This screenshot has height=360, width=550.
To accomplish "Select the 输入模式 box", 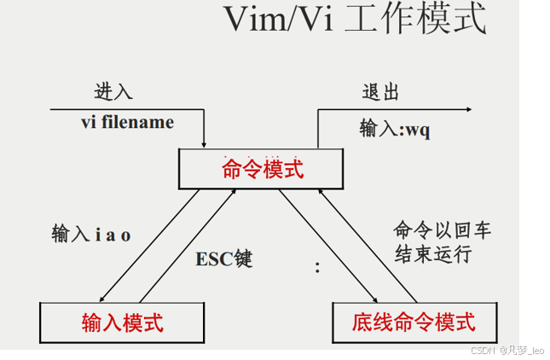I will (x=122, y=322).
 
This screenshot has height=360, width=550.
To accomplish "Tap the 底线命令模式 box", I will (x=414, y=322).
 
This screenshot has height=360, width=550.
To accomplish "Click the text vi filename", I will (x=127, y=122).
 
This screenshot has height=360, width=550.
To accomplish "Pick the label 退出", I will (x=379, y=92).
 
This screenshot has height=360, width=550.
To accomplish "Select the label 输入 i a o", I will (x=91, y=234).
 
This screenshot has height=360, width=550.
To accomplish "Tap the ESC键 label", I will (x=224, y=258).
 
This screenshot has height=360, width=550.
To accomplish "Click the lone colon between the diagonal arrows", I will (x=318, y=268).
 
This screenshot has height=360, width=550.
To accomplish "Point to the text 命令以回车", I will (x=442, y=230).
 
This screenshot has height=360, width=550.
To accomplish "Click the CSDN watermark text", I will (x=507, y=350).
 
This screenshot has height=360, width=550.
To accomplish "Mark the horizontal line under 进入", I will (x=128, y=110).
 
